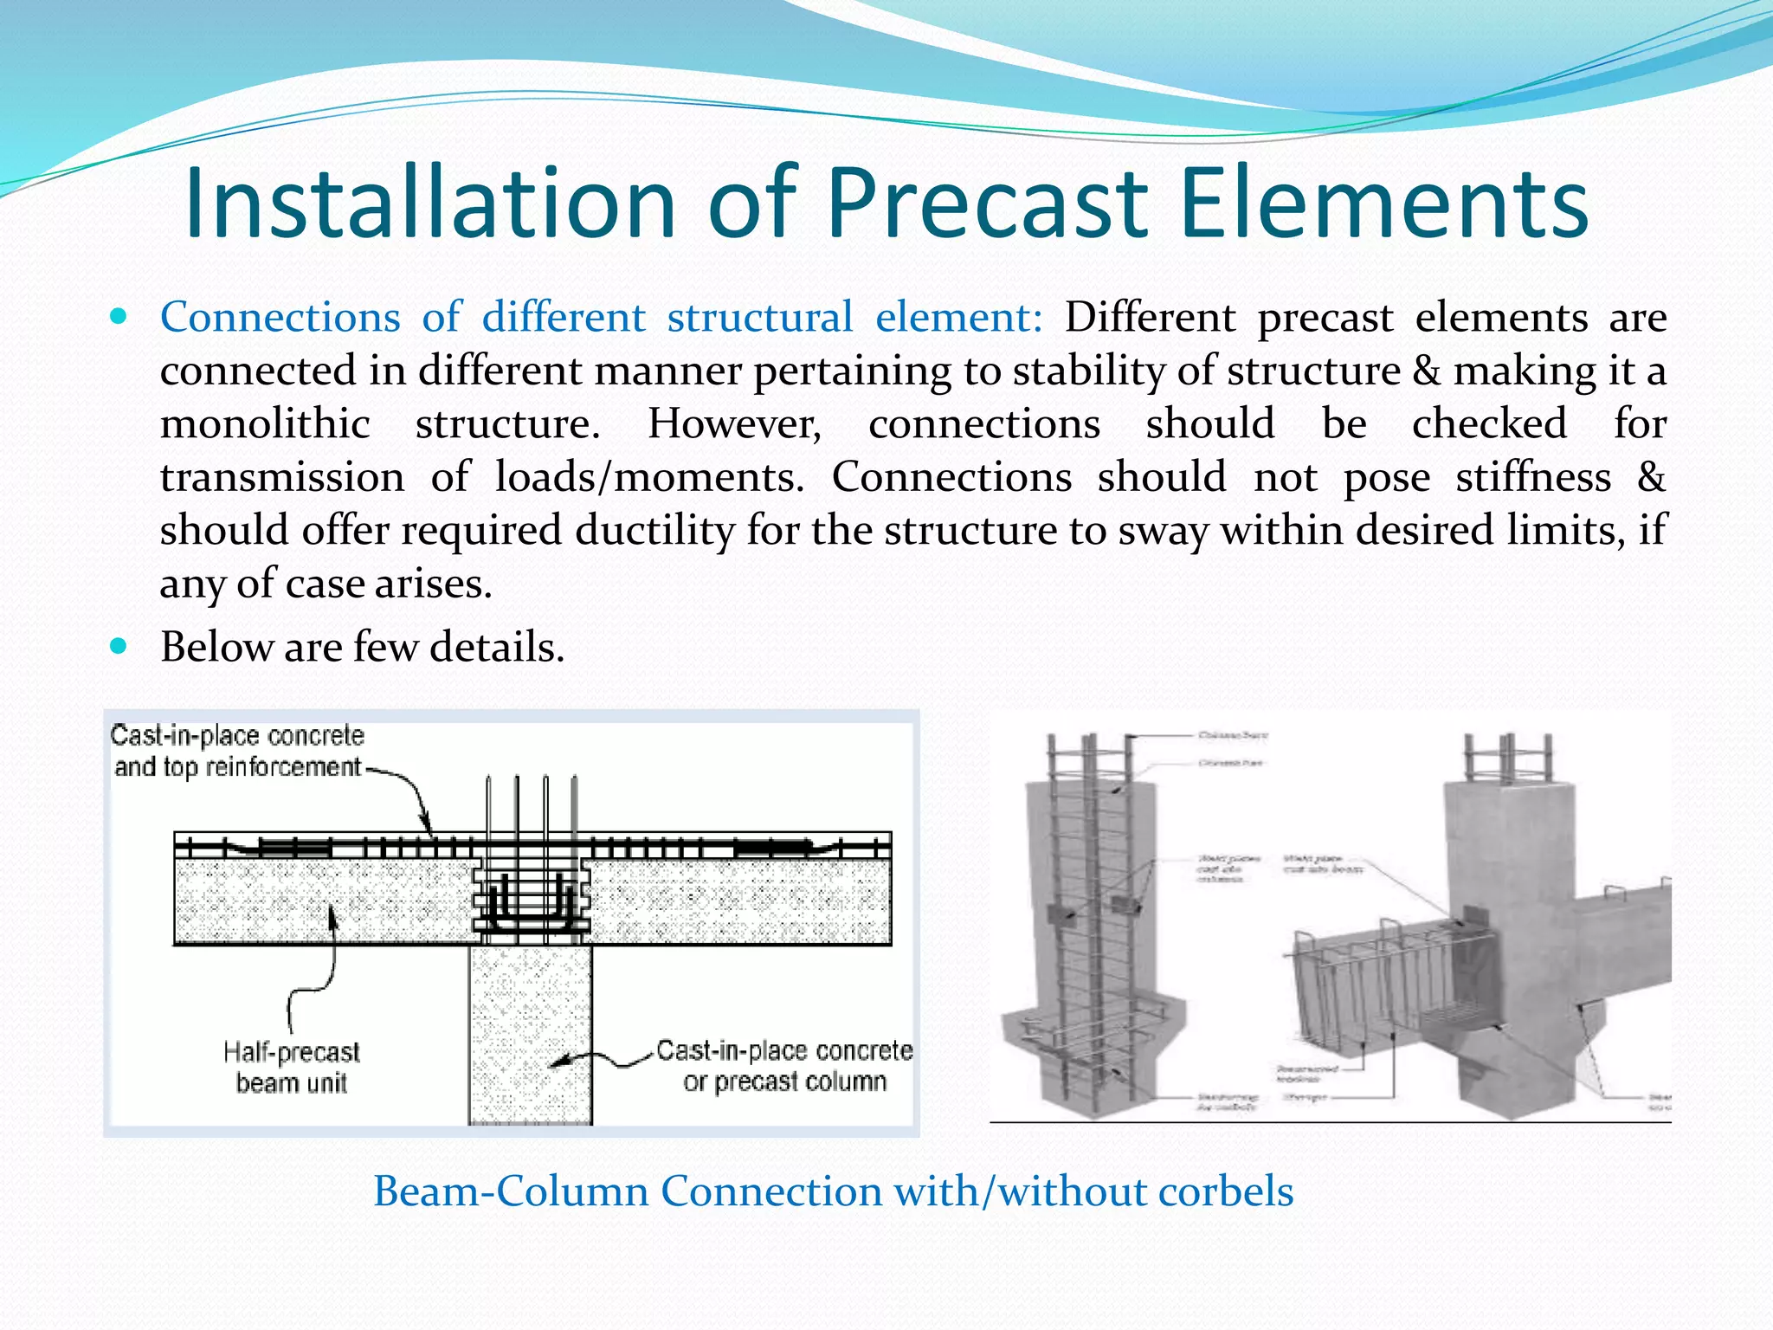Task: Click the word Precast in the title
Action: [987, 204]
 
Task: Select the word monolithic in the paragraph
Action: [265, 424]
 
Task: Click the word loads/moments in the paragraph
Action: [649, 477]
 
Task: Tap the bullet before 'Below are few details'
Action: [119, 646]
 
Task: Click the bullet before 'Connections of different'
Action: [119, 317]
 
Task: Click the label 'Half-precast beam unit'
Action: [291, 1067]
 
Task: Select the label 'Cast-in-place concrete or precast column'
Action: [783, 1066]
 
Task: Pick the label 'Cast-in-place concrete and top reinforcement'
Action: [237, 751]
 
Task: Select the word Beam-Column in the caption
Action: [511, 1191]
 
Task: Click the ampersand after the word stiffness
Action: [1651, 477]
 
